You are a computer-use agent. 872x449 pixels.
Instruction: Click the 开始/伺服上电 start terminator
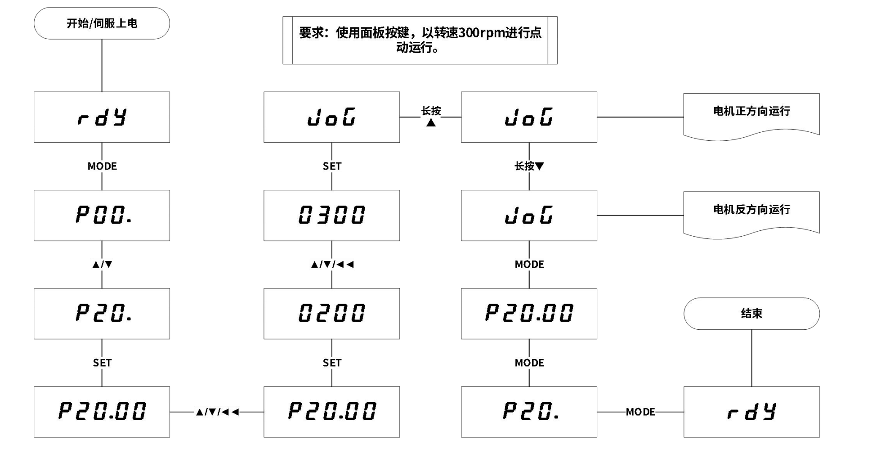pyautogui.click(x=102, y=23)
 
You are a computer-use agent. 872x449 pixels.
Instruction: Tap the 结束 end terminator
pyautogui.click(x=751, y=314)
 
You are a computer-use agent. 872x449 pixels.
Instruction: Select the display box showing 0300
pyautogui.click(x=331, y=215)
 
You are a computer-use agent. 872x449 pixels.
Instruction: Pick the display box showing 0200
pyautogui.click(x=331, y=313)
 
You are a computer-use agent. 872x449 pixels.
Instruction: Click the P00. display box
pyautogui.click(x=102, y=215)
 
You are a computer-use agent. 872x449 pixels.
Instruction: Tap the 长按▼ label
pyautogui.click(x=529, y=166)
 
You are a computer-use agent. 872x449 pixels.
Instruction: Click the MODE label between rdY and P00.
pyautogui.click(x=102, y=166)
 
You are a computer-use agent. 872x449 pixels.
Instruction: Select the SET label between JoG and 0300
pyautogui.click(x=332, y=166)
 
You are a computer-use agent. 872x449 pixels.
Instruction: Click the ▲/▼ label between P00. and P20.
pyautogui.click(x=102, y=265)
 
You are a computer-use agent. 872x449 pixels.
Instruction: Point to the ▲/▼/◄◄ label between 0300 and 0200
pyautogui.click(x=332, y=265)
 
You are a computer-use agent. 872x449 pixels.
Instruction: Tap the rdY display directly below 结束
pyautogui.click(x=751, y=412)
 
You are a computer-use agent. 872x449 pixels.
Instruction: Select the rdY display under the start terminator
pyautogui.click(x=102, y=117)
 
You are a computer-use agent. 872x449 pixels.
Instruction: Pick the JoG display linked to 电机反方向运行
pyautogui.click(x=529, y=215)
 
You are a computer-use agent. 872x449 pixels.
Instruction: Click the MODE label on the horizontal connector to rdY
pyautogui.click(x=640, y=412)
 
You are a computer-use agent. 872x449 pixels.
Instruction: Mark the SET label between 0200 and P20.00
pyautogui.click(x=332, y=363)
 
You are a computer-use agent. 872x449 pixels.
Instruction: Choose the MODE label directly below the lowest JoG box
pyautogui.click(x=529, y=265)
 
